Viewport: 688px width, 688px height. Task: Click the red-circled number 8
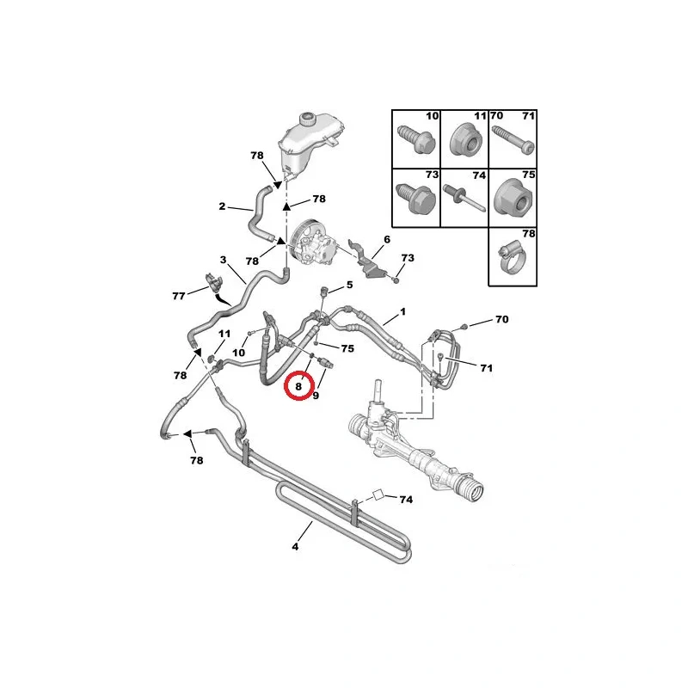pos(298,386)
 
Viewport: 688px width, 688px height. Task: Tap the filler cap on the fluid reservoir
pos(307,119)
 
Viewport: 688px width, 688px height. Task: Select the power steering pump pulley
pos(298,243)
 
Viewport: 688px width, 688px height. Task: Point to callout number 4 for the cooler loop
pos(295,547)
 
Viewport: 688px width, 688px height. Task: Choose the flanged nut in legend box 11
pos(466,140)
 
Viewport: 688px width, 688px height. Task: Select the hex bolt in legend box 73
pos(415,199)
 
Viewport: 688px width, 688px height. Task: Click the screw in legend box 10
pos(416,139)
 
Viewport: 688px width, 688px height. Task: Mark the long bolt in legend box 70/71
pos(513,140)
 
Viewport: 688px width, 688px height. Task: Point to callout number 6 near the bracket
pos(386,239)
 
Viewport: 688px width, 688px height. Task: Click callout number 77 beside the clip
pos(179,296)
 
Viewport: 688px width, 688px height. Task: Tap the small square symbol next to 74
pos(378,496)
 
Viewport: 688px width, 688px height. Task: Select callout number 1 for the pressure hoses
pos(402,311)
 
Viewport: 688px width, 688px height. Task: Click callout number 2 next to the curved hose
pos(222,206)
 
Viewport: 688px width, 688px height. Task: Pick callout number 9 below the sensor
pos(316,396)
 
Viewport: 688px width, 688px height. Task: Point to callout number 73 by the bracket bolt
pos(408,257)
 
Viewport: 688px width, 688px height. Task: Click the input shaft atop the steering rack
pos(378,391)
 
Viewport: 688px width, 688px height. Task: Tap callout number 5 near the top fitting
pos(349,285)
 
